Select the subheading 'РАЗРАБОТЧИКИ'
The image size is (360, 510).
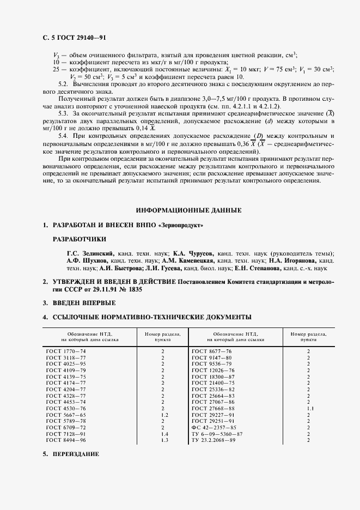pyautogui.click(x=79, y=239)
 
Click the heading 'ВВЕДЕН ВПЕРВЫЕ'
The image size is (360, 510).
pyautogui.click(x=83, y=302)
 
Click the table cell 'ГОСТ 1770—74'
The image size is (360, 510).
pyautogui.click(x=66, y=351)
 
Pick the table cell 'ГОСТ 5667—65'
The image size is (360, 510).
pyautogui.click(x=66, y=415)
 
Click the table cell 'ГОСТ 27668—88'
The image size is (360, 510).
pyautogui.click(x=214, y=408)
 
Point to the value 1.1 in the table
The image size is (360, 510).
pyautogui.click(x=308, y=408)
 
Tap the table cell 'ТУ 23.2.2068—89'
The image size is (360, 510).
pyautogui.click(x=217, y=440)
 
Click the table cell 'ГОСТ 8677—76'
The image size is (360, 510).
pyautogui.click(x=212, y=351)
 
